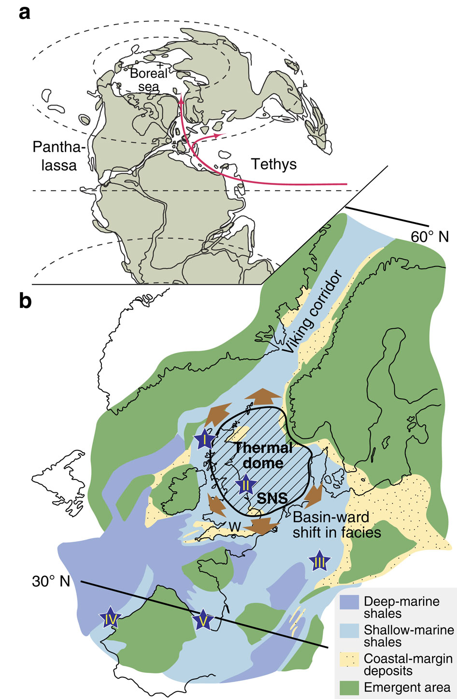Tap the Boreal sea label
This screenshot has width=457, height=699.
[x=149, y=80]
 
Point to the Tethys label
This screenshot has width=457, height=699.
[x=274, y=165]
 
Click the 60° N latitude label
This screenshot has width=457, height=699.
[x=429, y=237]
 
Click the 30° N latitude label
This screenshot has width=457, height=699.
[x=51, y=582]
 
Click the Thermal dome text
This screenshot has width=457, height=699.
[x=263, y=455]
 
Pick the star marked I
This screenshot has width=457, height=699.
[x=205, y=440]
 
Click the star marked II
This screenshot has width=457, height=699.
[x=245, y=484]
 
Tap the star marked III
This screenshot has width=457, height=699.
[x=319, y=561]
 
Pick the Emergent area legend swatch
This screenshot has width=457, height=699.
[x=350, y=687]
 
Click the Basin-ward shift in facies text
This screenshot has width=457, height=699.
[x=337, y=524]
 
